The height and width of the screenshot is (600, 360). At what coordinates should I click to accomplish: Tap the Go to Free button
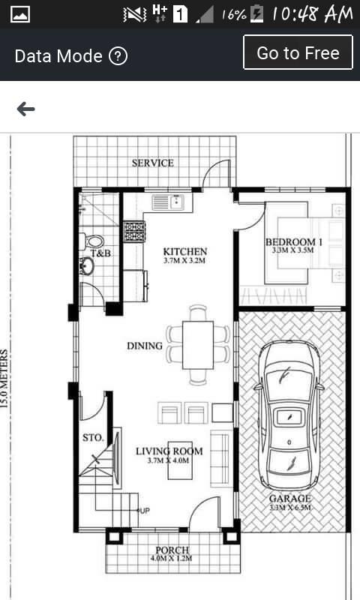[x=298, y=52]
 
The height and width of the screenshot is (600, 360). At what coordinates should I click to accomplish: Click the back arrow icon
[x=26, y=109]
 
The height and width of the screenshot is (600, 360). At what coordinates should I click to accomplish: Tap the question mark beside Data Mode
[x=118, y=56]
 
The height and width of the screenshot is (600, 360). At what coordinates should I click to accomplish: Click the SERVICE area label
[x=153, y=163]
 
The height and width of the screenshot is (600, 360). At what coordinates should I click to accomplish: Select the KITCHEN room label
[x=185, y=252]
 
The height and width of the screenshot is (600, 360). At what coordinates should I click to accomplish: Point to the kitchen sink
[x=168, y=202]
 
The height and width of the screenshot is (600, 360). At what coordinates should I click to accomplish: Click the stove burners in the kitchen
[x=134, y=232]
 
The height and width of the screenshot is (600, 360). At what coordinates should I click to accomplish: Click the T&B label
[x=101, y=253]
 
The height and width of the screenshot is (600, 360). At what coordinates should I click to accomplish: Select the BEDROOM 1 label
[x=294, y=241]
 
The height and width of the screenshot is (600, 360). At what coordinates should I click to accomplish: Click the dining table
[x=198, y=345]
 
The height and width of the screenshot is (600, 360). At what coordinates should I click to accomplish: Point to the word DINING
[x=145, y=346]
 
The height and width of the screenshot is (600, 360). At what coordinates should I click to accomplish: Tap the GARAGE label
[x=290, y=498]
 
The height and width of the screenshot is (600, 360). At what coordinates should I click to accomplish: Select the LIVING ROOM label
[x=169, y=451]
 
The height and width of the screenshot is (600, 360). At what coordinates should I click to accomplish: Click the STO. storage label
[x=93, y=437]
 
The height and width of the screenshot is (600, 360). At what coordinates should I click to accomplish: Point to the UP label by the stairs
[x=145, y=511]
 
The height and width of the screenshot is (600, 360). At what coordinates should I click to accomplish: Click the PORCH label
[x=172, y=550]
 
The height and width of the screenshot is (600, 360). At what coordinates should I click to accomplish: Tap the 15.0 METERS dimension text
[x=4, y=379]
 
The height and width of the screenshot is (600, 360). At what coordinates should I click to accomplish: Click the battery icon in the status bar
[x=256, y=14]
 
